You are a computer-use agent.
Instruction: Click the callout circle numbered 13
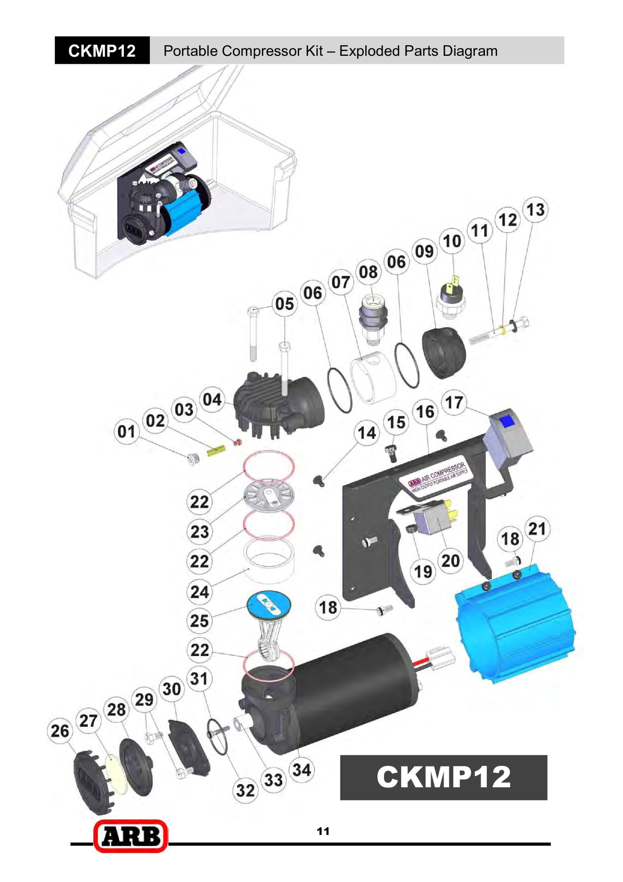pos(536,210)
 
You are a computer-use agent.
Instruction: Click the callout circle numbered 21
pos(537,529)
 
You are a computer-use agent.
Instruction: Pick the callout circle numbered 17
pos(454,403)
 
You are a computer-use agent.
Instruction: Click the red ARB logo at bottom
pos(130,836)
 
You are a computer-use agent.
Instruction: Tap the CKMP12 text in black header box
pos(102,51)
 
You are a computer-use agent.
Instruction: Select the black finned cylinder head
pos(276,407)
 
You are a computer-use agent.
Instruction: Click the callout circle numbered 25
pos(199,621)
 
